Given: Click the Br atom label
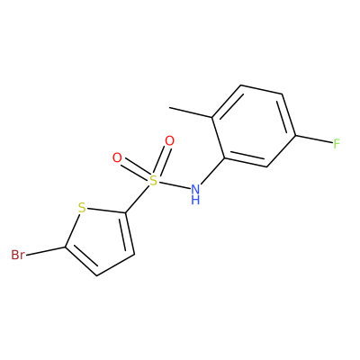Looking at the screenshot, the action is [18, 255].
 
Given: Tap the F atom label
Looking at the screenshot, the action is [337, 144].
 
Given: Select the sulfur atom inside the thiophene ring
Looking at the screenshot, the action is [82, 208].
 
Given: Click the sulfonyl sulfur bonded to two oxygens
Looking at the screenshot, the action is [153, 181].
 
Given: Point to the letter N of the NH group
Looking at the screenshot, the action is [195, 189].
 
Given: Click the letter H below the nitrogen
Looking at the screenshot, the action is [195, 200].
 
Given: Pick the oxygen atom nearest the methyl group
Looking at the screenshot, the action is [169, 141].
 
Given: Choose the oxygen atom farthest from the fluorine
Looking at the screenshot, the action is [117, 157].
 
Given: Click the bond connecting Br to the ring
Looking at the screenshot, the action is [45, 251].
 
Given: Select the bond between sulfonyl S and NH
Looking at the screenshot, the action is [174, 184].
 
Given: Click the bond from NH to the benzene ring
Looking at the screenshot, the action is [212, 171].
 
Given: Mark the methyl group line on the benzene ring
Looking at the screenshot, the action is [191, 112].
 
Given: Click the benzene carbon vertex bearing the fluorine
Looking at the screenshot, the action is [296, 136].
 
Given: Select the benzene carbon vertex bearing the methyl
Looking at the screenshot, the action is [212, 117].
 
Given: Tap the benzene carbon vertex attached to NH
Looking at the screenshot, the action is [224, 158].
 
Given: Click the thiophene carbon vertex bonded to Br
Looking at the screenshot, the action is [65, 247].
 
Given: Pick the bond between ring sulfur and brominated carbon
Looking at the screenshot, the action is [72, 230].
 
